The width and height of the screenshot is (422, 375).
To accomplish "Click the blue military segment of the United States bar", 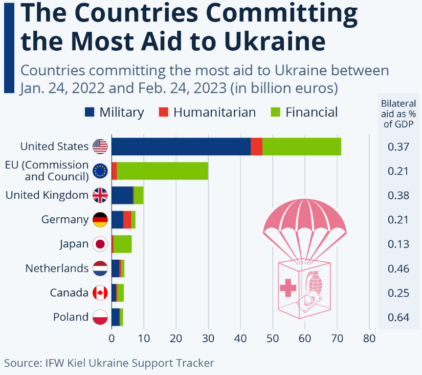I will tap(181, 147).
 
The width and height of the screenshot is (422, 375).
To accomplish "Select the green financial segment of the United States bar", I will tap(302, 147).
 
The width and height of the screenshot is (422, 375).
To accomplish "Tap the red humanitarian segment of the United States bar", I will tap(257, 147).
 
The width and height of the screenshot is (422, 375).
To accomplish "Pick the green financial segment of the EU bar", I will tap(163, 171).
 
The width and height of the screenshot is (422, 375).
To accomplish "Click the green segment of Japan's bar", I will tap(123, 244).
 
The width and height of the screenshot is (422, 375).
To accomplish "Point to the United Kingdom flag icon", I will tap(100, 195).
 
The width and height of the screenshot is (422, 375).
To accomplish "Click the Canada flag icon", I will tap(100, 293).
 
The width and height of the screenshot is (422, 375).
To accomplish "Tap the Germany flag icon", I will tap(100, 220).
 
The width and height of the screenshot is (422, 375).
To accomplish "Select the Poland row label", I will tap(71, 317).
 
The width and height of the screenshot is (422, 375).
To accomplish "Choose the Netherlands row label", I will tap(57, 268).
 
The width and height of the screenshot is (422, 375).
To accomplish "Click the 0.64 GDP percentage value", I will tap(399, 318).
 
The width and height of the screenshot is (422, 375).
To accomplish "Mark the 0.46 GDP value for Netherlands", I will tap(399, 268).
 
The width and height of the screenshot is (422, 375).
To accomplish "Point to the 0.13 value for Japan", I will tap(399, 244).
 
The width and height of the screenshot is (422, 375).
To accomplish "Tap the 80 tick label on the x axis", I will tap(369, 339).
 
